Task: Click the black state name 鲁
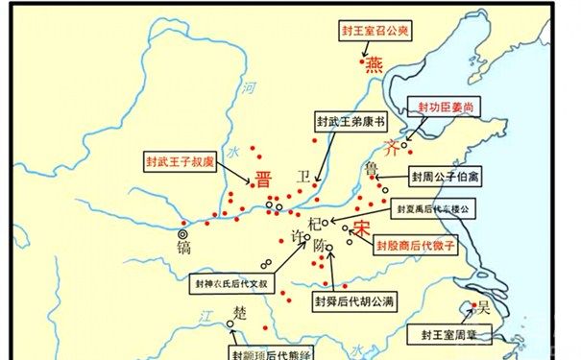click(372, 169)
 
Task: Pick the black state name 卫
click(304, 178)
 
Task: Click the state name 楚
click(242, 314)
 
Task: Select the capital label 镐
click(183, 249)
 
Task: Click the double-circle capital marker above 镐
click(183, 231)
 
